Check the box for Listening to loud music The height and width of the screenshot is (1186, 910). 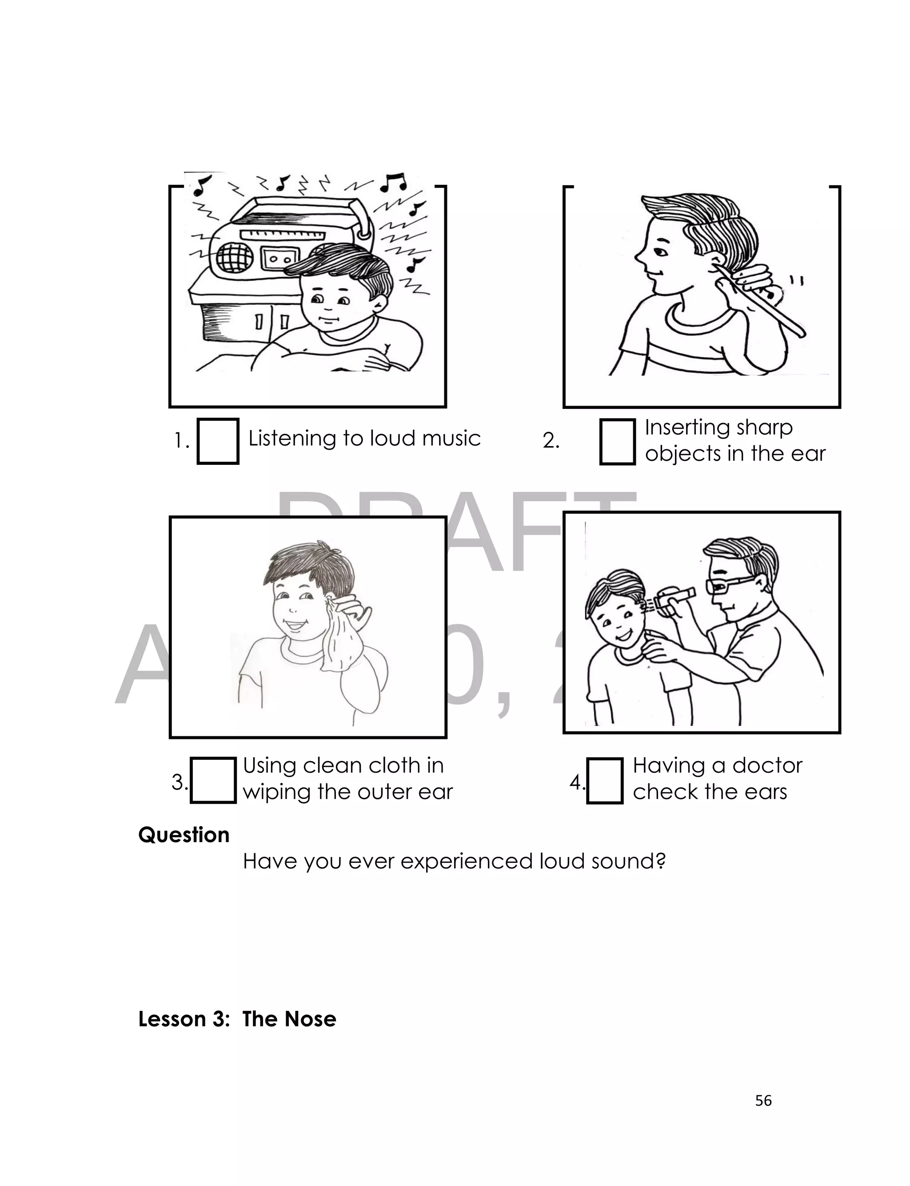click(218, 441)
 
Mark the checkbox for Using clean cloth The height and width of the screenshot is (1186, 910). click(213, 780)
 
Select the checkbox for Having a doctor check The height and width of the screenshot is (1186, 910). click(604, 780)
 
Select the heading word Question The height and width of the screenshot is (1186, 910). click(184, 835)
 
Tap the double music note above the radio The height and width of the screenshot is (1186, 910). click(393, 183)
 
